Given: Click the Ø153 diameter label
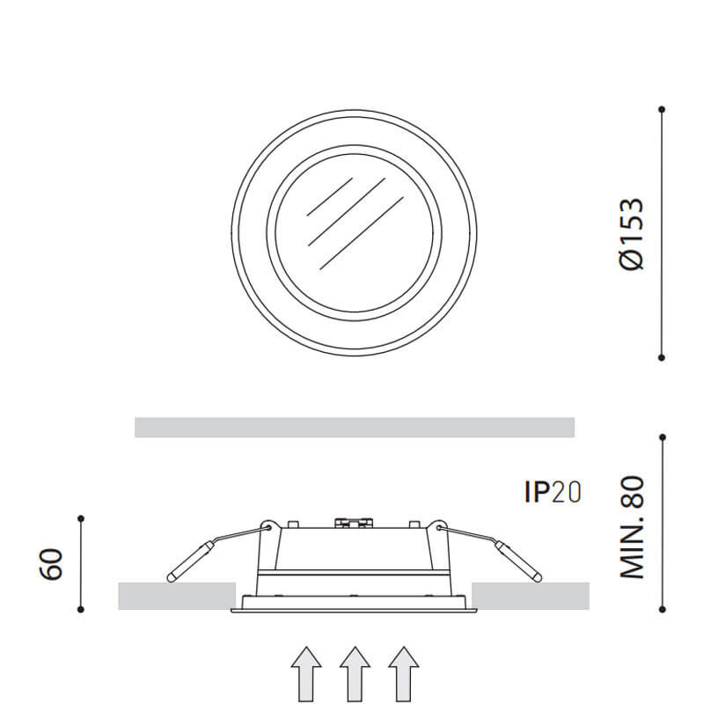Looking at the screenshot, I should pyautogui.click(x=633, y=233).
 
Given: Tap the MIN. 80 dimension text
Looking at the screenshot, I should pyautogui.click(x=633, y=527).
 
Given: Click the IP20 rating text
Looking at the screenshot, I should pyautogui.click(x=553, y=492).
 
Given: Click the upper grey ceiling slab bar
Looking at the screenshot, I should pyautogui.click(x=355, y=428).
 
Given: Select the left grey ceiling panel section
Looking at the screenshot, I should pyautogui.click(x=176, y=596).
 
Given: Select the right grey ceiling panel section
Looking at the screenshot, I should pyautogui.click(x=531, y=596).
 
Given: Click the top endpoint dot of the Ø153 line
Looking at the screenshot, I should pyautogui.click(x=662, y=109).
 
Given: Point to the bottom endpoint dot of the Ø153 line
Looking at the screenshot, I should pyautogui.click(x=662, y=357).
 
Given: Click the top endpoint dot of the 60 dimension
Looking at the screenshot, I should pyautogui.click(x=80, y=517).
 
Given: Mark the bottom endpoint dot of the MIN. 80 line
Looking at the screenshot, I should pyautogui.click(x=662, y=607).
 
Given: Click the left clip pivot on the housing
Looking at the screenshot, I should pyautogui.click(x=268, y=528).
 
